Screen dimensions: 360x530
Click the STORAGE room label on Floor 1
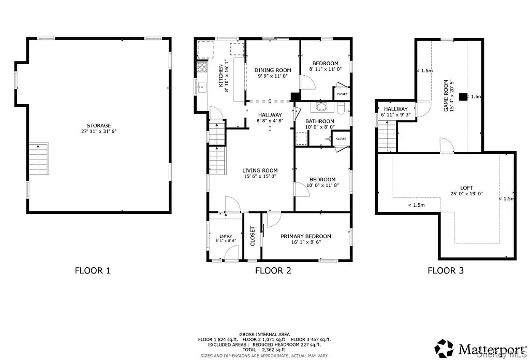click(98, 125)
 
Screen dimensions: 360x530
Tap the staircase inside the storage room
click(38, 159)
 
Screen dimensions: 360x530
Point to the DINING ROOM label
click(272, 70)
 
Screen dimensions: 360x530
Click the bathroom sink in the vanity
click(321, 108)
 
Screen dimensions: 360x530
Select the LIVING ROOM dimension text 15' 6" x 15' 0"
click(260, 177)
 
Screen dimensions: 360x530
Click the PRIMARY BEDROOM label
click(305, 236)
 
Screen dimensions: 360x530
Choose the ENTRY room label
click(226, 236)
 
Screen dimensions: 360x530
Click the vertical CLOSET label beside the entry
click(253, 236)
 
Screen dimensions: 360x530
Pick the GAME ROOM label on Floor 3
click(446, 96)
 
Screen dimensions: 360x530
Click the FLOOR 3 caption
click(445, 270)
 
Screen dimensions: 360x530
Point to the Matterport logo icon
click(444, 348)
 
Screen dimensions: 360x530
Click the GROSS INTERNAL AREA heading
click(264, 334)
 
